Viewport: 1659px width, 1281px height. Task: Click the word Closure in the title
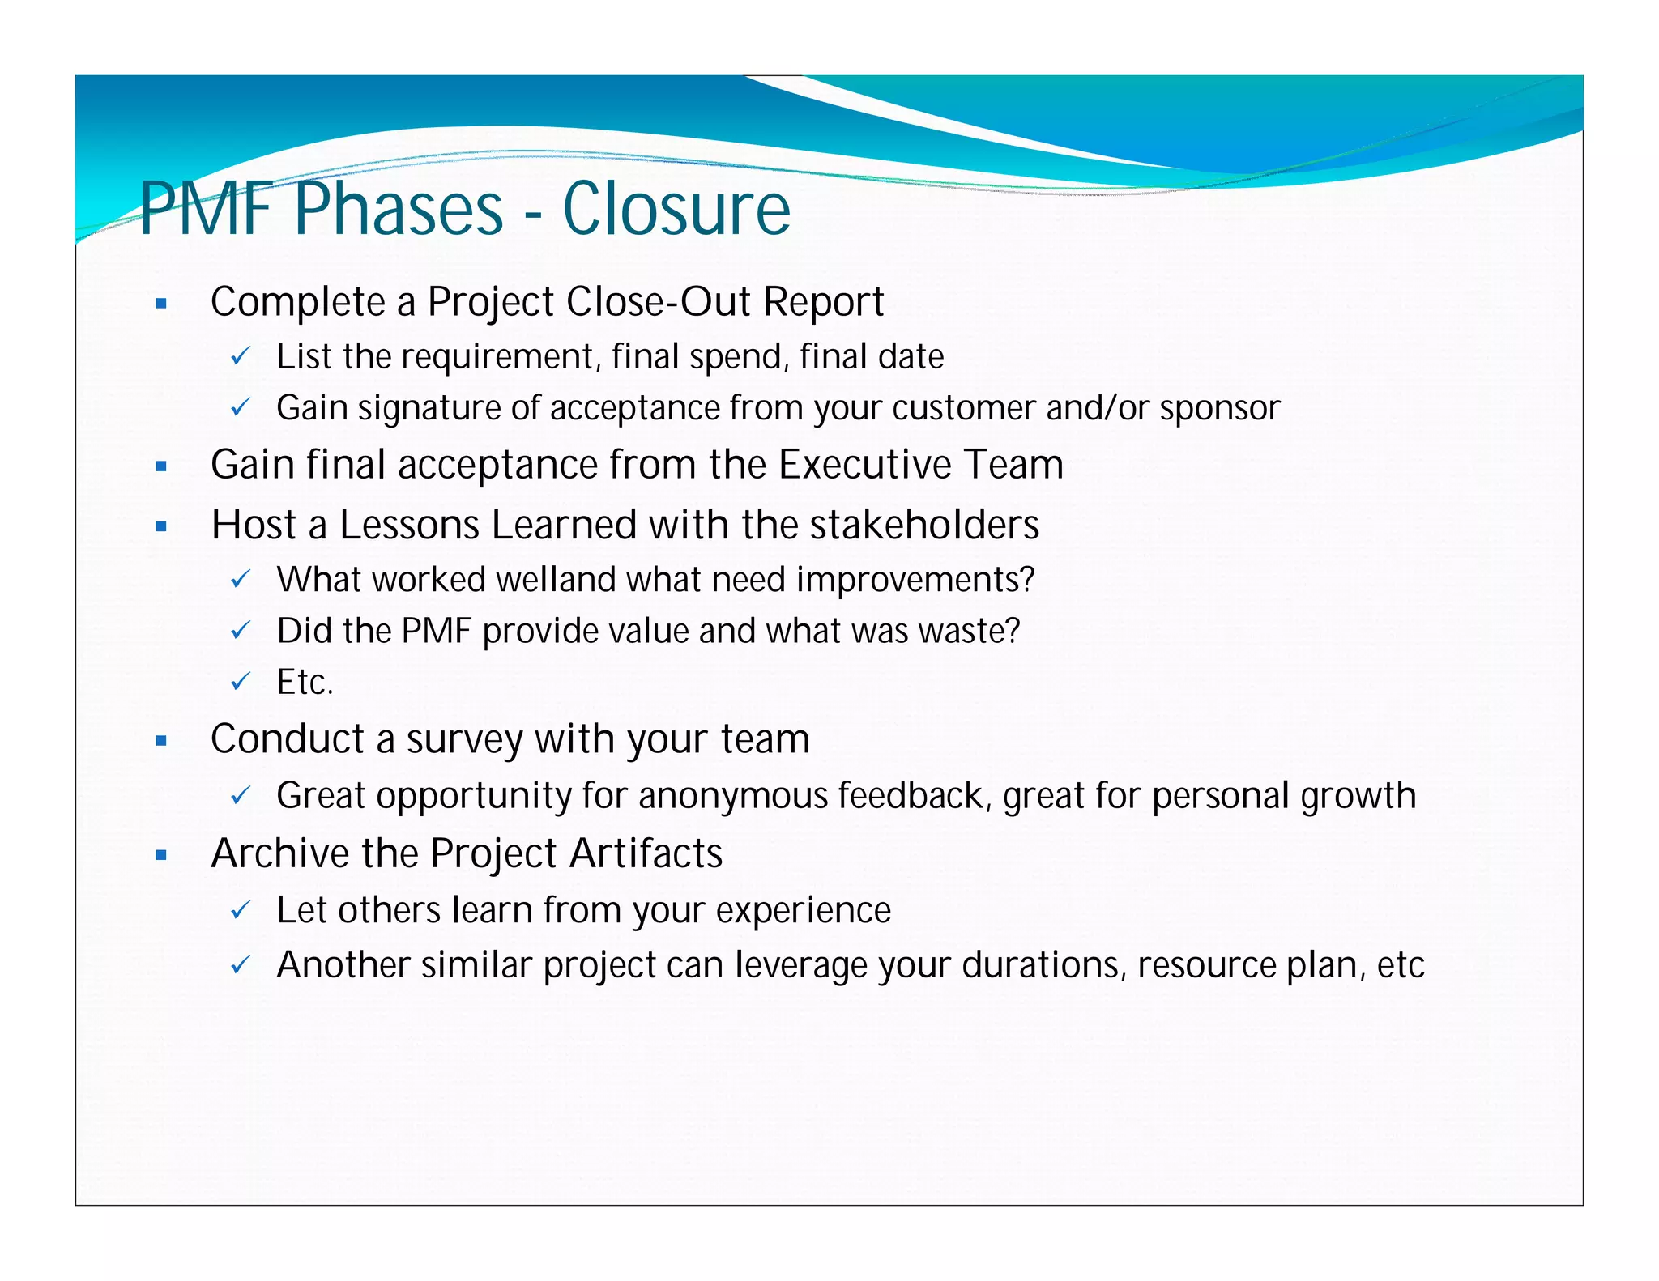tap(676, 209)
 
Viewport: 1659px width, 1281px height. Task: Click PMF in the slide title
tap(206, 209)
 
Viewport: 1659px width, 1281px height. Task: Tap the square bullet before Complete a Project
tap(161, 304)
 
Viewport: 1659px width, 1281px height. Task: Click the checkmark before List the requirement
tap(241, 356)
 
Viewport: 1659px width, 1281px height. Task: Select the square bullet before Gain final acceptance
tap(161, 467)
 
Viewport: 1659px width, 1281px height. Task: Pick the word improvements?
tap(915, 581)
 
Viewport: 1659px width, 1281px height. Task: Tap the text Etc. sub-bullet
tap(305, 682)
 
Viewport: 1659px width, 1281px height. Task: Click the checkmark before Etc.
tap(241, 682)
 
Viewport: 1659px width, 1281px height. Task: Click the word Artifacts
tap(646, 853)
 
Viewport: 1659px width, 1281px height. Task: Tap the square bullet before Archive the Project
tap(161, 855)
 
